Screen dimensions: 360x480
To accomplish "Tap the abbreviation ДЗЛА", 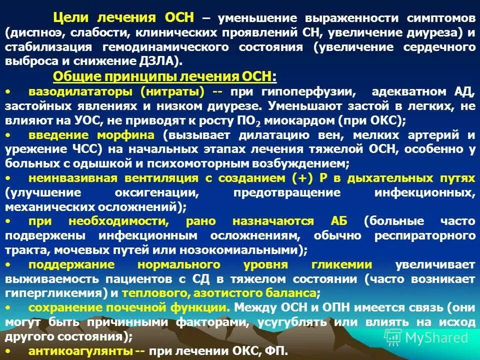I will click(158, 61).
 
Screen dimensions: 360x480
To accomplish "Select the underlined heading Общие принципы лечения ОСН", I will click(164, 76).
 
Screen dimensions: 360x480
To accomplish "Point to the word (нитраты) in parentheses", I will click(172, 92).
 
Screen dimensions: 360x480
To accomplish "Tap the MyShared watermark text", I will click(436, 337).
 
